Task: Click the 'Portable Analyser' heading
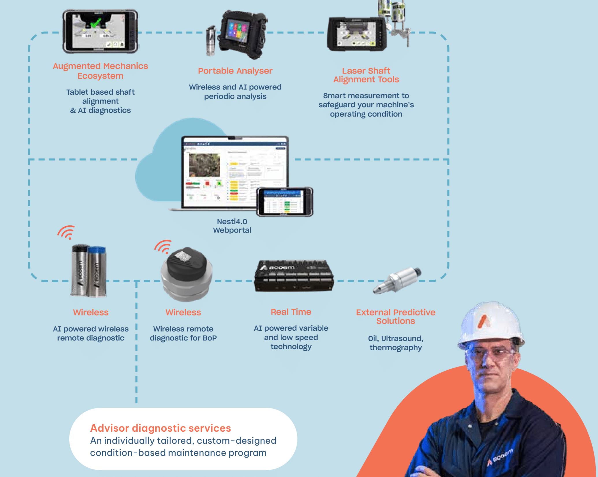click(x=235, y=71)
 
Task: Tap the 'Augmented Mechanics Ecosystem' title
click(x=100, y=71)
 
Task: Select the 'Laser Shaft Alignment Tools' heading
click(x=366, y=75)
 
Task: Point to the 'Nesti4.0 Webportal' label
click(x=232, y=226)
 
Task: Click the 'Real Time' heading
click(x=291, y=312)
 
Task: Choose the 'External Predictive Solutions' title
click(x=395, y=317)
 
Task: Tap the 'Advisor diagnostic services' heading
click(x=160, y=428)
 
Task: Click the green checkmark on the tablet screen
click(x=96, y=23)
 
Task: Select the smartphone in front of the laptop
click(x=284, y=202)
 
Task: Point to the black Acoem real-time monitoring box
click(x=294, y=276)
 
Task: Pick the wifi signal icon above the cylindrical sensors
click(x=67, y=232)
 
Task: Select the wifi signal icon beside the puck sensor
click(x=163, y=247)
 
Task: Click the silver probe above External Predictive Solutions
click(x=398, y=280)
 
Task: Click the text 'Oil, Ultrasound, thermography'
click(x=395, y=343)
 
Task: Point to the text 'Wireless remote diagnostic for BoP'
click(x=183, y=333)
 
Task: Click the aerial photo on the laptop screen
click(x=204, y=165)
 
